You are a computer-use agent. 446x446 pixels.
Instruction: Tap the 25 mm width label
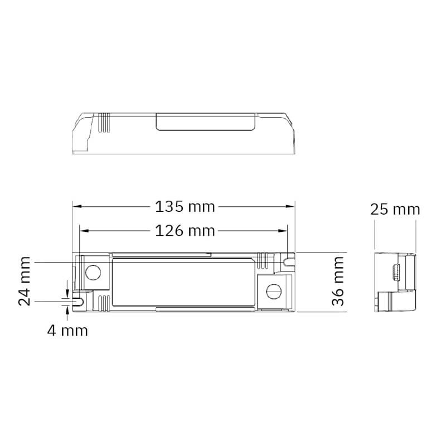coord(395,210)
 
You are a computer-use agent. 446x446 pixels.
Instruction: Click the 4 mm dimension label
coord(67,331)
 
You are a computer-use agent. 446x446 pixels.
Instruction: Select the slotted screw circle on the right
coord(274,291)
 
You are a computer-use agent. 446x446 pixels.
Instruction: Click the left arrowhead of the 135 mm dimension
coord(77,207)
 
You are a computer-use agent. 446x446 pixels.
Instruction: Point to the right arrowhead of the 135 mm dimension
coord(290,207)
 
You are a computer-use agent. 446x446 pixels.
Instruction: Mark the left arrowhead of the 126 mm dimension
coord(84,230)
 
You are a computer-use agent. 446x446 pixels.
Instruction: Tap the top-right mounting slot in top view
coord(288,261)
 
